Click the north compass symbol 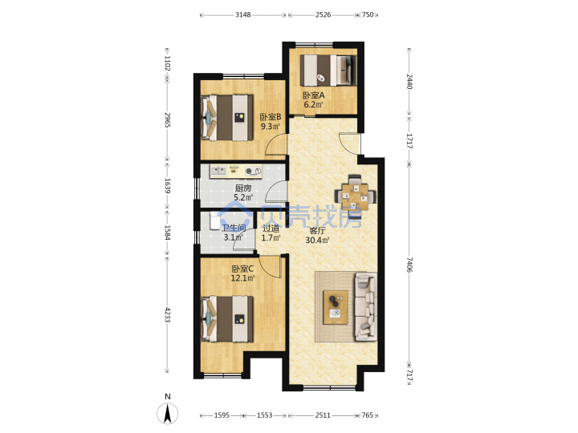pos(168,413)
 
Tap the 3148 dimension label pos(243,14)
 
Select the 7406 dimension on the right pos(409,265)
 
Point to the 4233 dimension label pos(167,315)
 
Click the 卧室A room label pos(314,95)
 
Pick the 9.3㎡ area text pos(271,127)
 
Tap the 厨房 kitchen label pos(243,188)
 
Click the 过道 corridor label pos(271,229)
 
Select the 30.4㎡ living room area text pos(317,241)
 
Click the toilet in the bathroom pos(214,221)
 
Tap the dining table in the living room pos(355,196)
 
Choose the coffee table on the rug pos(336,307)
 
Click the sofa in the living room pos(366,306)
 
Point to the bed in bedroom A pos(328,71)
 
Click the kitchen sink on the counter pos(218,171)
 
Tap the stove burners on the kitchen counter pos(253,171)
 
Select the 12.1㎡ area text pos(243,278)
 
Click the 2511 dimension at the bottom pos(323,415)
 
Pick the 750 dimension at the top pos(368,14)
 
